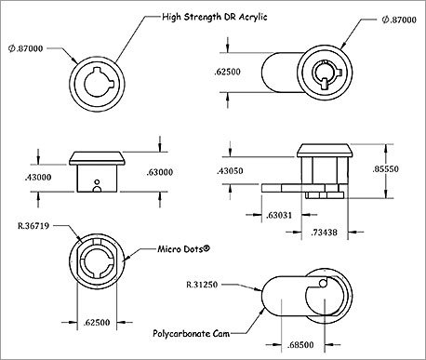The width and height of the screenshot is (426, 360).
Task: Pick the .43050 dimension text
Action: tap(233, 172)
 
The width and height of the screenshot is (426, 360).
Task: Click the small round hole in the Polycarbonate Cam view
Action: tap(322, 283)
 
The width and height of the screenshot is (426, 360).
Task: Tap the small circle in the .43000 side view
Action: tap(96, 192)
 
